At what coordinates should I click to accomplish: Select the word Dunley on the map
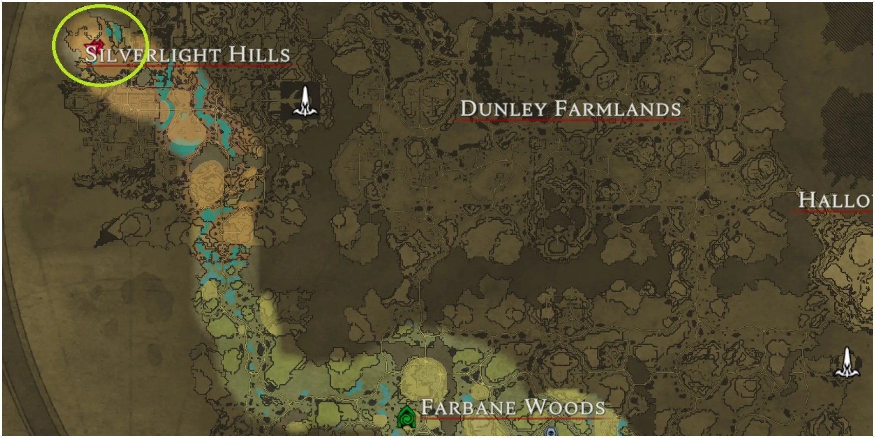(504, 109)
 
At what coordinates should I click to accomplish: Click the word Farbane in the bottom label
(469, 407)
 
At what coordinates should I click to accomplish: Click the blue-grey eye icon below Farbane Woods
(550, 432)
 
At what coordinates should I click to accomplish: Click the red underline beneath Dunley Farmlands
(569, 120)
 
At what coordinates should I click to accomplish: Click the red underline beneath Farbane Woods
(512, 418)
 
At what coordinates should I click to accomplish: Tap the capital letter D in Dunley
(468, 109)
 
